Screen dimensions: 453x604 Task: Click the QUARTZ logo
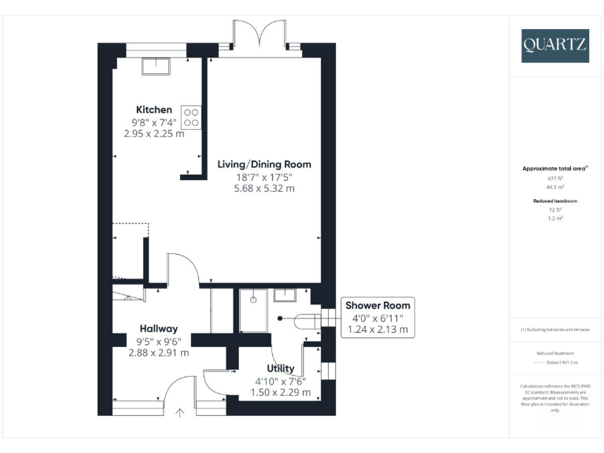coord(554,46)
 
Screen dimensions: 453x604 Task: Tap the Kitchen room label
coord(154,109)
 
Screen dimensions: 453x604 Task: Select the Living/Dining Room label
coord(264,164)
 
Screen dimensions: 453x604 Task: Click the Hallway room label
coord(159,329)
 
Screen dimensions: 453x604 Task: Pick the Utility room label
coord(281,368)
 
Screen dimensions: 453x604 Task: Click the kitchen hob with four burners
coord(191,117)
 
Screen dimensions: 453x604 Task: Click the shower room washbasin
coord(285,296)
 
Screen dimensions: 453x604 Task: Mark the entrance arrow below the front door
coord(179,411)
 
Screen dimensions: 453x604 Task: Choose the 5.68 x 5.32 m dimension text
coord(264,189)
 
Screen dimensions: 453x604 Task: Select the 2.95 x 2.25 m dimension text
coord(154,134)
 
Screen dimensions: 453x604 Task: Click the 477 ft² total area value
coord(555,179)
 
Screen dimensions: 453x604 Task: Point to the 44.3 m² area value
coord(555,188)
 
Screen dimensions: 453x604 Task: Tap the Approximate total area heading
coord(555,168)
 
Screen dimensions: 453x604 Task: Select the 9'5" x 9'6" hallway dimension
coord(159,341)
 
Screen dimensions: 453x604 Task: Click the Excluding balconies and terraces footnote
coord(555,330)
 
